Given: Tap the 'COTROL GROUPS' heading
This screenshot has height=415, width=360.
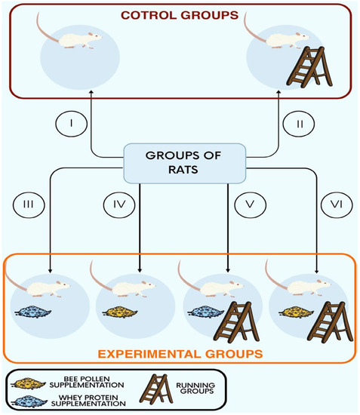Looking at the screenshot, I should pyautogui.click(x=180, y=14).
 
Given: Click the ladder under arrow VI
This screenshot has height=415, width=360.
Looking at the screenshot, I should pyautogui.click(x=327, y=312).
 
